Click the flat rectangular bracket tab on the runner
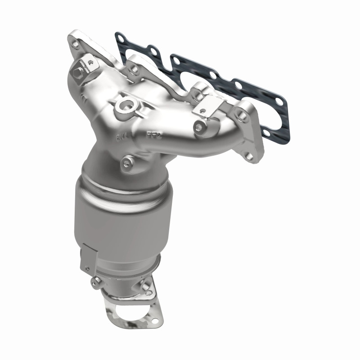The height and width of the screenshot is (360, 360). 207,106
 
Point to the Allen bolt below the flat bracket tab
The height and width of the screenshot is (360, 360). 198,127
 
